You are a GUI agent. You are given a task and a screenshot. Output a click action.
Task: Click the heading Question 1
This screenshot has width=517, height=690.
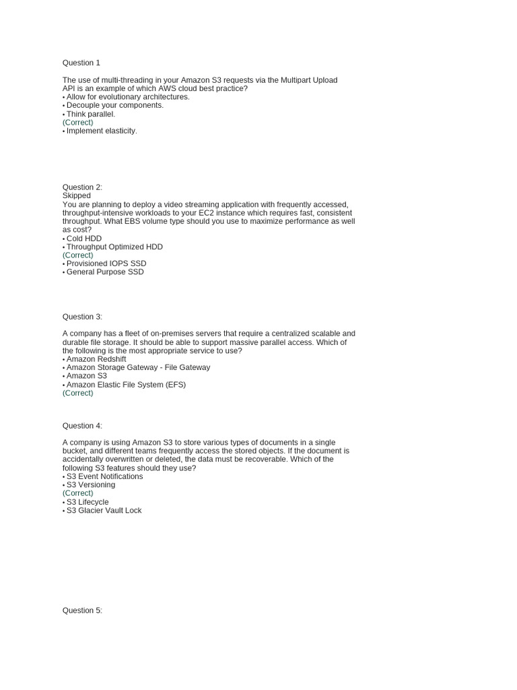81,63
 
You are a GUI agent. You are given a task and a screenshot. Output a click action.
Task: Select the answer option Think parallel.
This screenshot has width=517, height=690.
90,114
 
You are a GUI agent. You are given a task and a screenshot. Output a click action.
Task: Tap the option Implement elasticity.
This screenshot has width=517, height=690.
101,131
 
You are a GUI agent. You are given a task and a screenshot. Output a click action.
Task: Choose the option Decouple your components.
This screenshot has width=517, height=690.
114,105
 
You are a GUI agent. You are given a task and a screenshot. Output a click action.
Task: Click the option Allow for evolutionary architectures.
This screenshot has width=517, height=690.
127,97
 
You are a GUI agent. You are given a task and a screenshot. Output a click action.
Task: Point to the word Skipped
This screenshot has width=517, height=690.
76,195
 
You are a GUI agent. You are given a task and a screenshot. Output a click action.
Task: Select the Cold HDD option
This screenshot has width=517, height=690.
83,239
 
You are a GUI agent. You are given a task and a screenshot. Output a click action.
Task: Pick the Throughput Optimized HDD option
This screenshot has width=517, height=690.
114,247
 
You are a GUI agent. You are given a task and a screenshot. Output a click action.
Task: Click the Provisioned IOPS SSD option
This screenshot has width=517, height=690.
106,263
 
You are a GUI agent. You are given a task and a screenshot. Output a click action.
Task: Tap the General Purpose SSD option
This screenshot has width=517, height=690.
104,272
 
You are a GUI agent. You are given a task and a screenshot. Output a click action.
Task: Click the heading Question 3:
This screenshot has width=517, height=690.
82,317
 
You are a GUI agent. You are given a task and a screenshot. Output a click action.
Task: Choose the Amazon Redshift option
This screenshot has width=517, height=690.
96,359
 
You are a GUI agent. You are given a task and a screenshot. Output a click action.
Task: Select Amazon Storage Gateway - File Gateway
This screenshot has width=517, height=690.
137,367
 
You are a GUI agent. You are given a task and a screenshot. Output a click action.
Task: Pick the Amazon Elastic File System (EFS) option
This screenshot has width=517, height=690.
125,385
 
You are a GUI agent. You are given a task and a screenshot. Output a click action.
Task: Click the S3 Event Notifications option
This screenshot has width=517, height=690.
104,476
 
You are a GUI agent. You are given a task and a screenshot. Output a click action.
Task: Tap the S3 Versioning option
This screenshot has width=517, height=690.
90,484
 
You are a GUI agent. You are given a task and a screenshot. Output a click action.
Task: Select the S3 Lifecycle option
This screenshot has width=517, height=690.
87,502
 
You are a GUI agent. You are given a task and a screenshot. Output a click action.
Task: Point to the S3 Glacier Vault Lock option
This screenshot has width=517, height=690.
104,511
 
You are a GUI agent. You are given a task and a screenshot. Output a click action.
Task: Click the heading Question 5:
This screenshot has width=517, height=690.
82,610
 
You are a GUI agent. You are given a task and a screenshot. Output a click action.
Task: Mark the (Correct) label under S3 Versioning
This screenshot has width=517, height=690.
77,493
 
